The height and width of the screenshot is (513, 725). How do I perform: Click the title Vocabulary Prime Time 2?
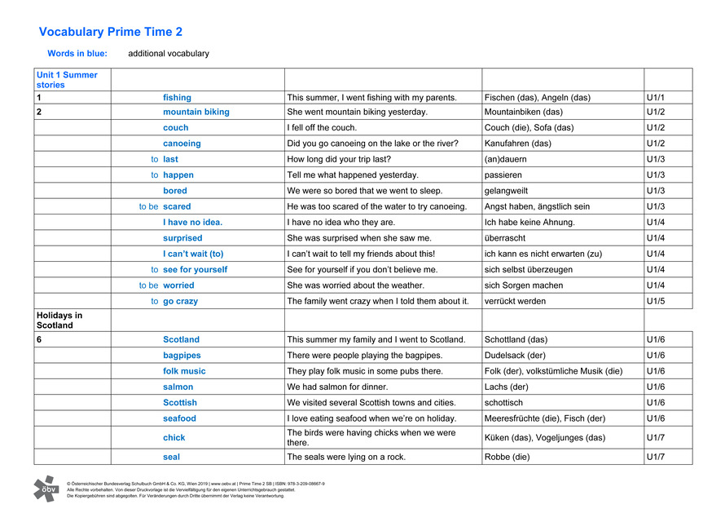pos(111,32)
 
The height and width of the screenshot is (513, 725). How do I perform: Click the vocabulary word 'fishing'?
pos(177,97)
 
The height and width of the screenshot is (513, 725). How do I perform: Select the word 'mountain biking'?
pos(196,112)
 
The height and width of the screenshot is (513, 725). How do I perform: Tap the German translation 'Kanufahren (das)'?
pos(517,144)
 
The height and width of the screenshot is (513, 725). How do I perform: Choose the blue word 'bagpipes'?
pos(182,356)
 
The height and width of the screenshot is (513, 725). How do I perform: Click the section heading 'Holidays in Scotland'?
pos(60,320)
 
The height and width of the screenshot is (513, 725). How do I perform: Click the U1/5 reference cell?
pos(657,301)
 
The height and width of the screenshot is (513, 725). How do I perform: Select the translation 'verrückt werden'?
pos(516,301)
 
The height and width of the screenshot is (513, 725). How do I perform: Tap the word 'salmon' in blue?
pos(178,387)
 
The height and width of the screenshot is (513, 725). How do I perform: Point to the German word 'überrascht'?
pos(505,238)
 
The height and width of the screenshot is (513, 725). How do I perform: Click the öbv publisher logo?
pos(46,488)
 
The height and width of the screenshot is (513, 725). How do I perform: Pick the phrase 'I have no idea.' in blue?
pos(192,222)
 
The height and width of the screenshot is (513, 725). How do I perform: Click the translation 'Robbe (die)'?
pos(507,457)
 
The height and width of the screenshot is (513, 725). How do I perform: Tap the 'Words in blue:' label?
pos(77,54)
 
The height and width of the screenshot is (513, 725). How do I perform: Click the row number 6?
pos(39,339)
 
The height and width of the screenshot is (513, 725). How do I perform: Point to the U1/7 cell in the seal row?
pos(657,457)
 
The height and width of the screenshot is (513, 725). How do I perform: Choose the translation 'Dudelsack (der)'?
pos(515,356)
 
